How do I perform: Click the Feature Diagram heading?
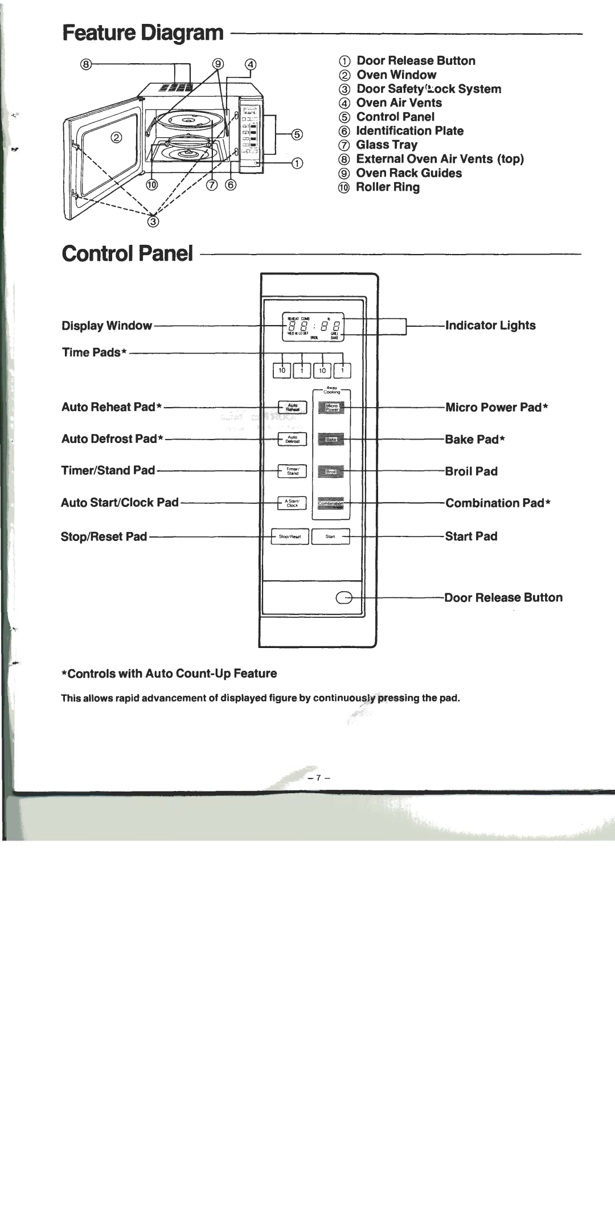[x=143, y=34]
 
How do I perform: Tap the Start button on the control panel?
[x=330, y=536]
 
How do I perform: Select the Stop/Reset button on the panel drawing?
[x=290, y=536]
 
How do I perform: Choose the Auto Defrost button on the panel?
[x=293, y=439]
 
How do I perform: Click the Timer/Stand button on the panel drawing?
[x=293, y=471]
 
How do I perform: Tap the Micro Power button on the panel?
[x=331, y=407]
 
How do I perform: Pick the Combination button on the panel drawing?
[x=331, y=503]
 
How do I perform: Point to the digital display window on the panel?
[x=313, y=327]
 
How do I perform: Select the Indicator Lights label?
[x=490, y=326]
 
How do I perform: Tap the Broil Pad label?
[x=471, y=471]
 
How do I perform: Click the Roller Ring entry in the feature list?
[x=387, y=187]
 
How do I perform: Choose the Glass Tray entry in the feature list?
[x=387, y=145]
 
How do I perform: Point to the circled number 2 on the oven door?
[x=115, y=137]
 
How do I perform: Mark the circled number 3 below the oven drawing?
[x=153, y=222]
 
